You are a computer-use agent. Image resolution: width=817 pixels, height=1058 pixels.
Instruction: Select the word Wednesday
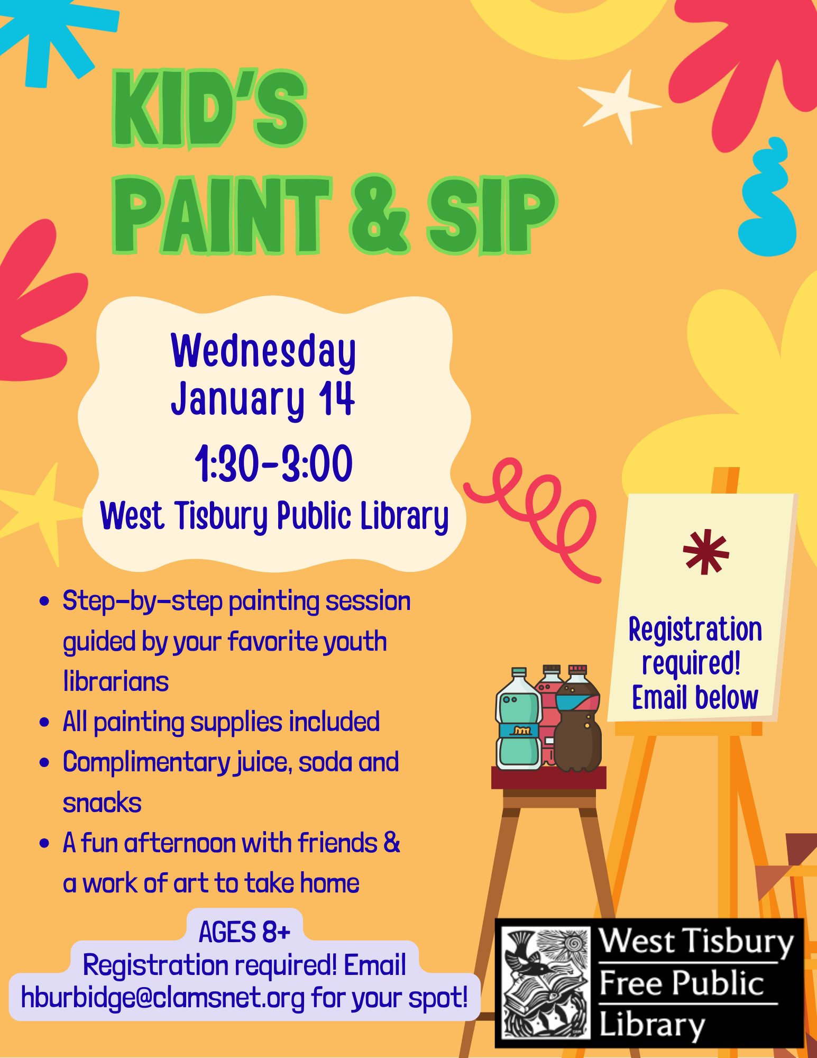(x=263, y=352)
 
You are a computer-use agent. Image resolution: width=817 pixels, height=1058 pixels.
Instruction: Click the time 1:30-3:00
(x=273, y=463)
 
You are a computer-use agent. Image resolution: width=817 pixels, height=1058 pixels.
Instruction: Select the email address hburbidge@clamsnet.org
(x=163, y=998)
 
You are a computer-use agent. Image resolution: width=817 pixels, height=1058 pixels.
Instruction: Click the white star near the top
(x=620, y=106)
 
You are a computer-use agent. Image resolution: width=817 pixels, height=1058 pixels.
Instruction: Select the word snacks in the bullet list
(x=102, y=803)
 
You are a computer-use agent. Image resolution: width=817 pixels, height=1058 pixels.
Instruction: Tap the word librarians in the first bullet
(x=116, y=681)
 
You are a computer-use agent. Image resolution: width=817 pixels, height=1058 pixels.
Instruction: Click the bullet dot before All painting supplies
(x=44, y=722)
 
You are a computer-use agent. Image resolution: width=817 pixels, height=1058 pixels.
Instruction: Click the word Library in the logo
(x=651, y=1024)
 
